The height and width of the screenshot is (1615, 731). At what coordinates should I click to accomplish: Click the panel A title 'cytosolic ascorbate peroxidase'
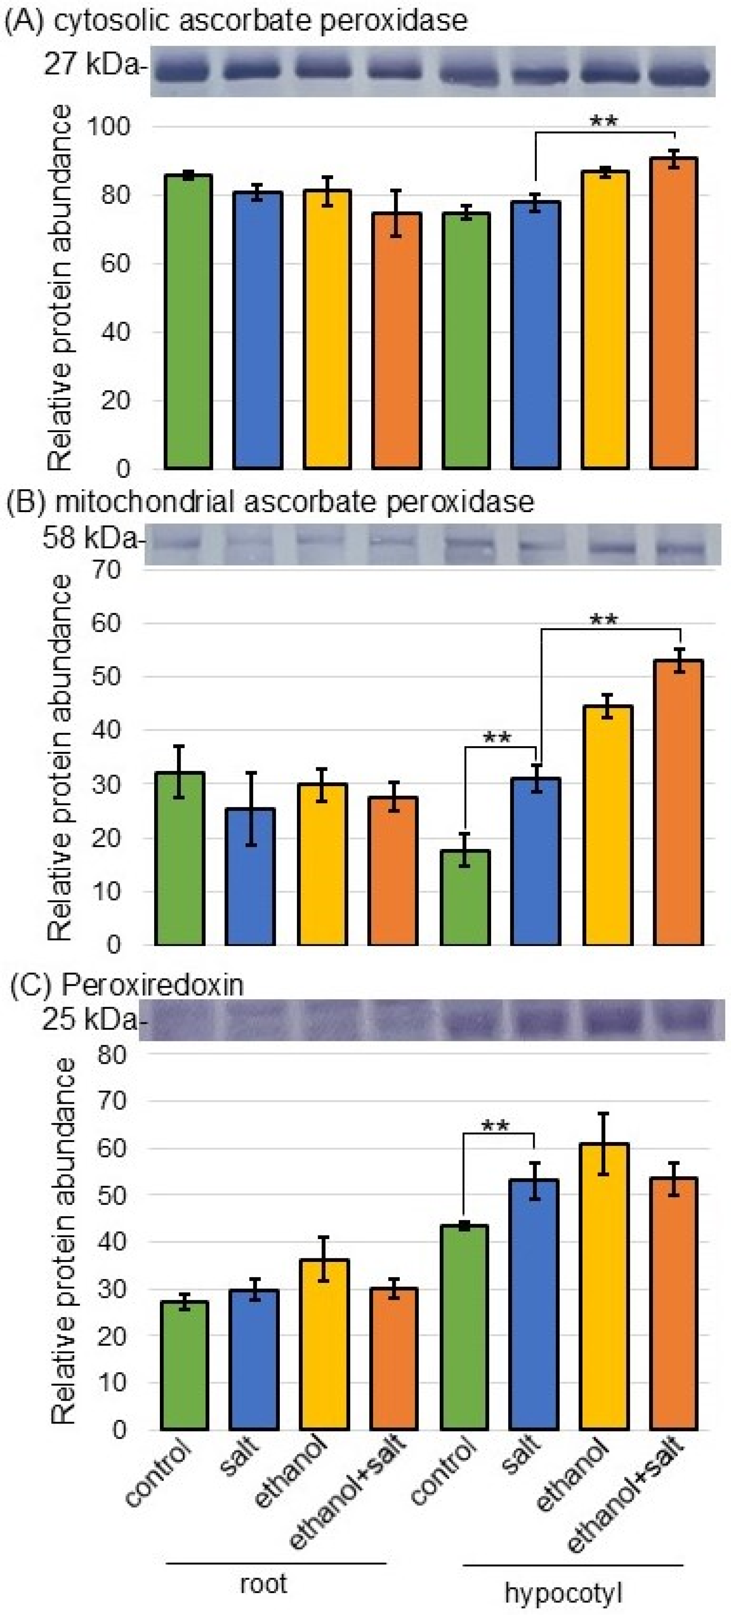click(260, 21)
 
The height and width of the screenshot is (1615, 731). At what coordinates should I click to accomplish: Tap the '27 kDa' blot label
click(93, 65)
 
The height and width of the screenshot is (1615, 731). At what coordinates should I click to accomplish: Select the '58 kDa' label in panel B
click(90, 538)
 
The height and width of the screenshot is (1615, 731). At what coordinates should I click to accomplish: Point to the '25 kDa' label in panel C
click(89, 1020)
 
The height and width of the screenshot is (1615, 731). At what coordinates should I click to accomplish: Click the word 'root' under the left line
click(263, 1584)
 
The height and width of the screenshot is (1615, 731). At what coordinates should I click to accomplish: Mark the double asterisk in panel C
click(495, 1127)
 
